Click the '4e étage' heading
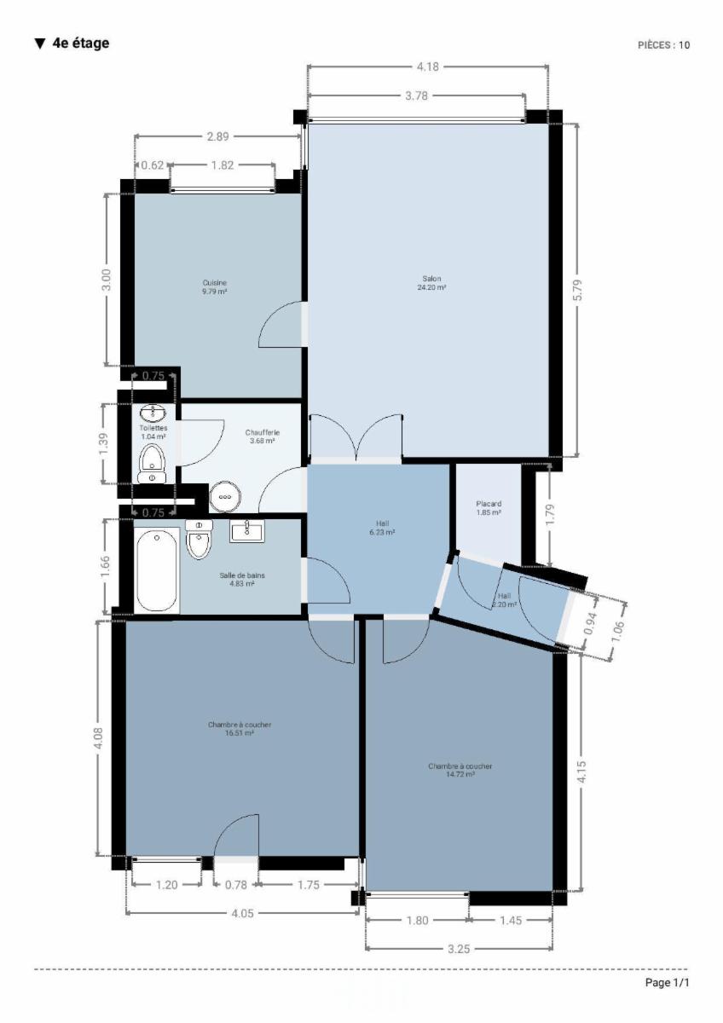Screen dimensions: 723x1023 tap(72, 43)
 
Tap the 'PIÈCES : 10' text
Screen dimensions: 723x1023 tap(663, 44)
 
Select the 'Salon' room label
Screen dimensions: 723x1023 tap(431, 279)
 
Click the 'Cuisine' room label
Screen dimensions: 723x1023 tap(215, 283)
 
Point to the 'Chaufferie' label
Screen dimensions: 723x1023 tap(262, 432)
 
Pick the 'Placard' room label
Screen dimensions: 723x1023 tap(489, 504)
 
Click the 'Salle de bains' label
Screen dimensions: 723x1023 tap(242, 575)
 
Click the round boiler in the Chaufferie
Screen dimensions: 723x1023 tap(225, 496)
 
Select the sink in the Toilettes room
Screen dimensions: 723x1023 tap(153, 413)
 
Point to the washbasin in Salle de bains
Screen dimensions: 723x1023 tap(246, 530)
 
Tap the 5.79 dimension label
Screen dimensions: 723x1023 tap(577, 290)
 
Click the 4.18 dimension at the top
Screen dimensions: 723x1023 tap(427, 66)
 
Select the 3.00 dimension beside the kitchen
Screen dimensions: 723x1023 tap(106, 280)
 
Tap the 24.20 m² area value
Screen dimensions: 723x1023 tap(431, 287)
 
